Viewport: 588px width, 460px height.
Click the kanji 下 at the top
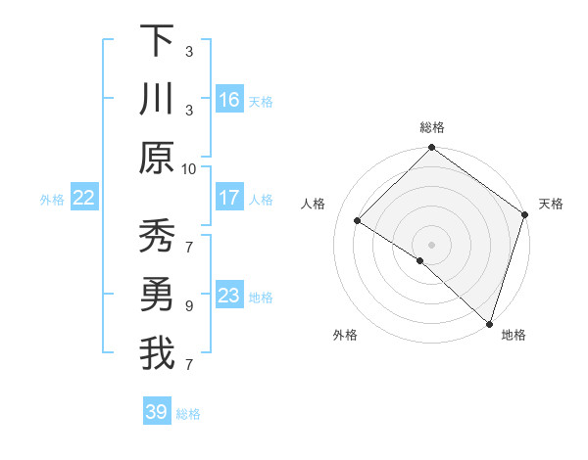pyautogui.click(x=157, y=41)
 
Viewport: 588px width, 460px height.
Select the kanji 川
pyautogui.click(x=157, y=100)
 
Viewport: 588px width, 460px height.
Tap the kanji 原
pyautogui.click(x=157, y=158)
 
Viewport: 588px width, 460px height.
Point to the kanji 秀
pyautogui.click(x=157, y=236)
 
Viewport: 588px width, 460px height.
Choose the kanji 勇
pyautogui.click(x=157, y=295)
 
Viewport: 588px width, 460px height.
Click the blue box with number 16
pyautogui.click(x=229, y=100)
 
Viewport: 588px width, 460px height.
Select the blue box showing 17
pyautogui.click(x=229, y=198)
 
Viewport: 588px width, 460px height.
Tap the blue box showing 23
pyautogui.click(x=229, y=296)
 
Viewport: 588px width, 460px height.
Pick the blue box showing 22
pyautogui.click(x=84, y=198)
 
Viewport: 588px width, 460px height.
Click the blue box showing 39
pyautogui.click(x=157, y=412)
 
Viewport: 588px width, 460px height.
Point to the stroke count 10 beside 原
pyautogui.click(x=189, y=168)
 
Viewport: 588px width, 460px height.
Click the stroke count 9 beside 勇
pyautogui.click(x=189, y=305)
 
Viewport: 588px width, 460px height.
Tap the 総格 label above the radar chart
pyautogui.click(x=432, y=127)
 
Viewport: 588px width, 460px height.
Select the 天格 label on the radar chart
pyautogui.click(x=551, y=204)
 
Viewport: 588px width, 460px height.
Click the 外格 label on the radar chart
pyautogui.click(x=345, y=335)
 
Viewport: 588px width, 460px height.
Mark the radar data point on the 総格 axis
pyautogui.click(x=432, y=149)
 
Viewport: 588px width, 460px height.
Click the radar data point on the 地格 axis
pyautogui.click(x=488, y=322)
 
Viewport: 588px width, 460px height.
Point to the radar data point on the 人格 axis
pyautogui.click(x=358, y=221)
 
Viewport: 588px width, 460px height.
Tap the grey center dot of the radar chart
pyautogui.click(x=432, y=244)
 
